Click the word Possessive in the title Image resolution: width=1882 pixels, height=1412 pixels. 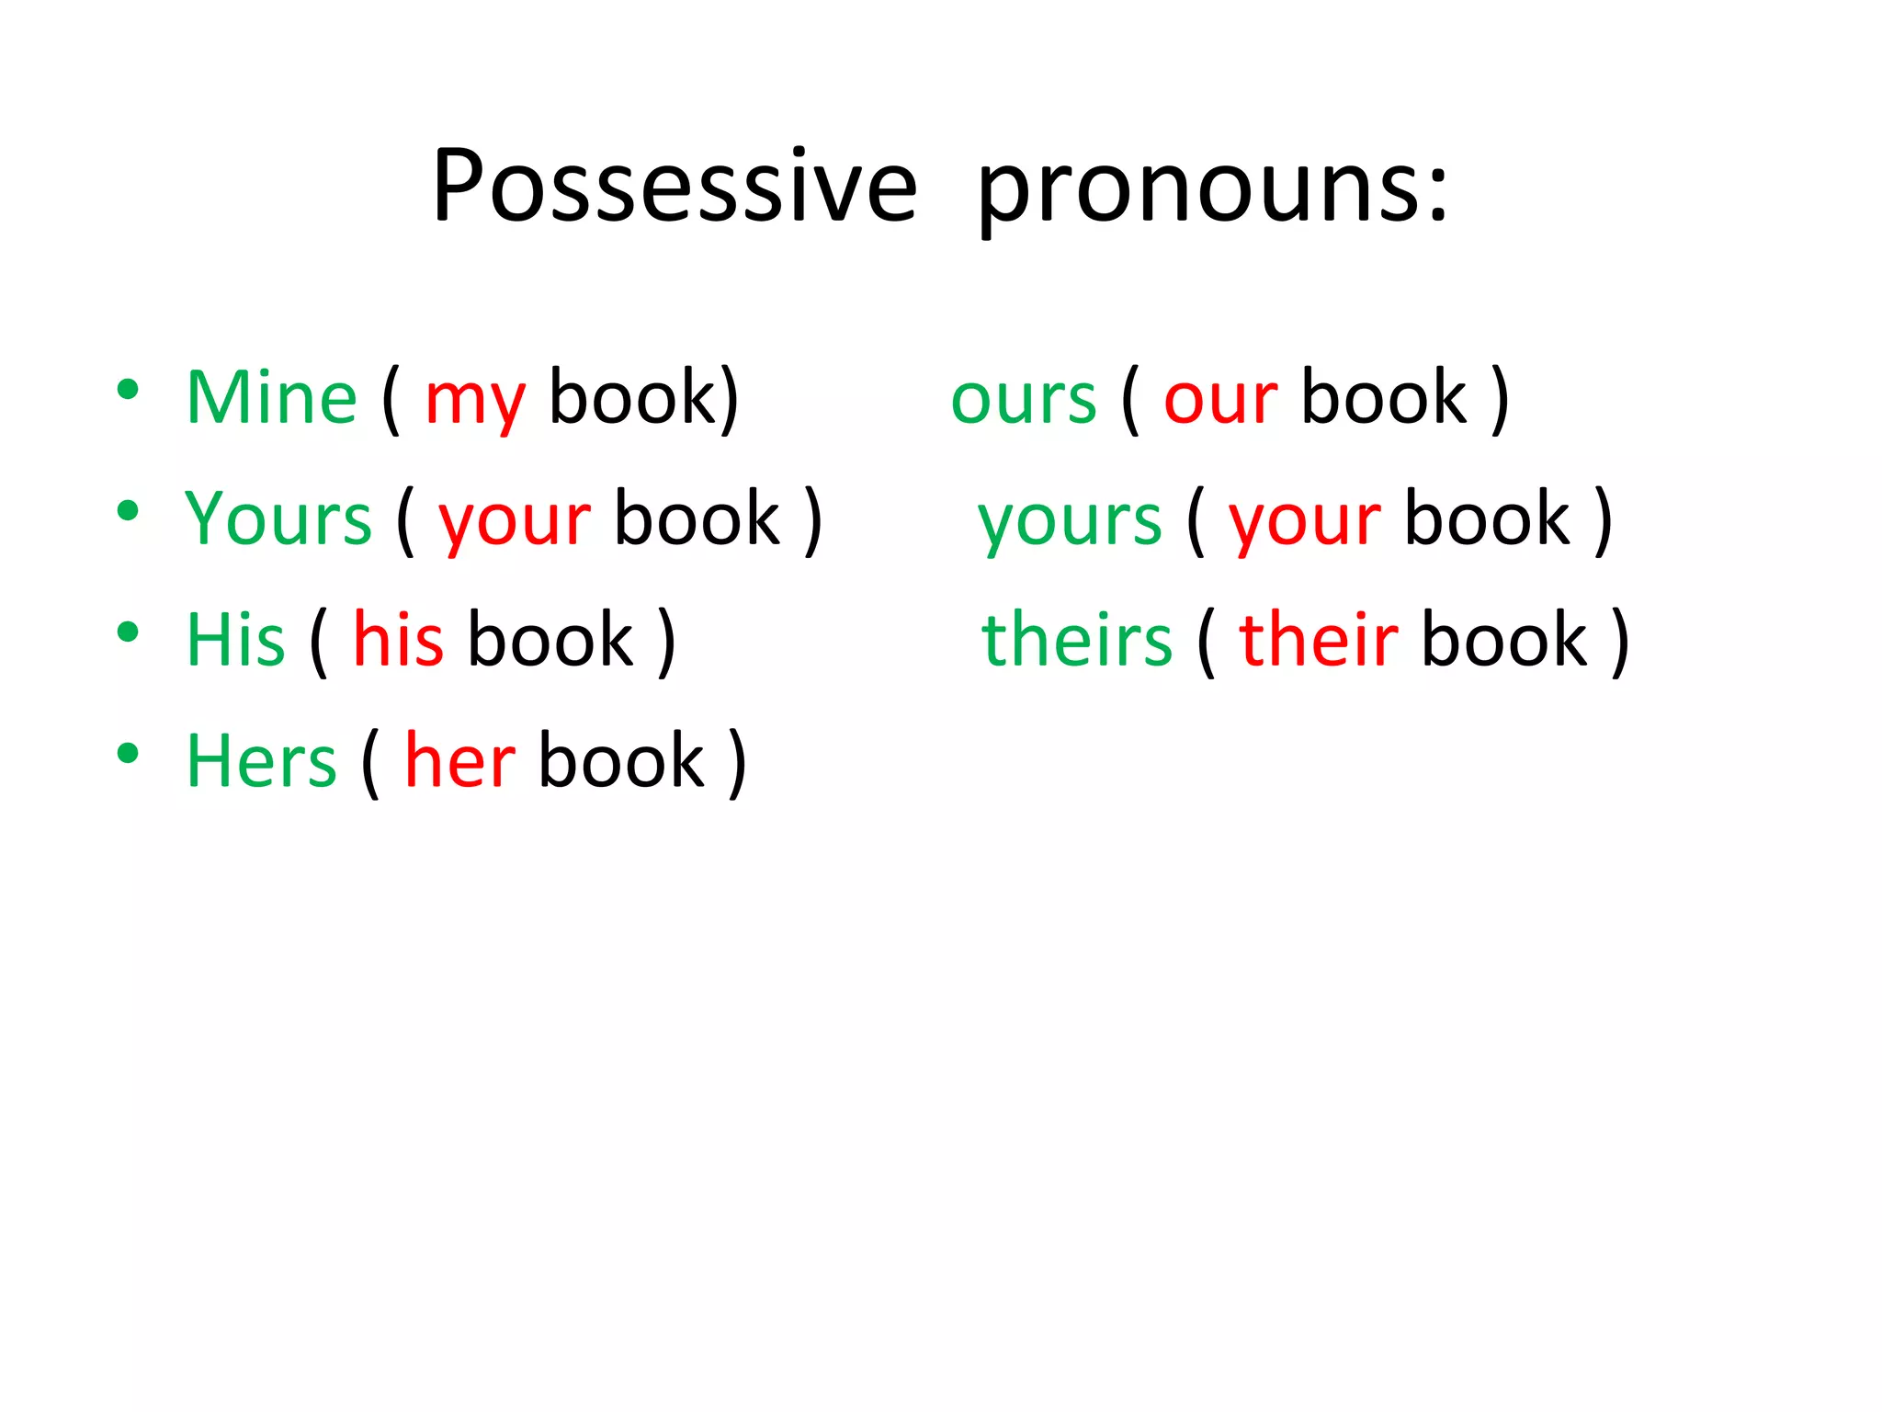click(x=675, y=186)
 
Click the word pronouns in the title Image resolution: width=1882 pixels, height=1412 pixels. click(x=1194, y=191)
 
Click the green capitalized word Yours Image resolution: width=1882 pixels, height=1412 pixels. click(x=278, y=518)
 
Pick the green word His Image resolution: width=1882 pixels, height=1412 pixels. click(x=236, y=640)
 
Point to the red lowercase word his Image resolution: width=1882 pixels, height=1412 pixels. click(x=399, y=640)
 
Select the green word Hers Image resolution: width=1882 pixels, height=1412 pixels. click(x=262, y=761)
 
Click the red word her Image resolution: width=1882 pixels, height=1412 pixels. click(x=459, y=761)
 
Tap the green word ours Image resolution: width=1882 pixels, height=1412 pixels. click(x=1024, y=401)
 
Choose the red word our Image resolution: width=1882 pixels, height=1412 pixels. click(x=1220, y=401)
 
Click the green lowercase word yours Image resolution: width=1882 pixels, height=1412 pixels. click(x=1070, y=522)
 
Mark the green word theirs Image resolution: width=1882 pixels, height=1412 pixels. click(x=1077, y=640)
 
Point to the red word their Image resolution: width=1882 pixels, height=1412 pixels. click(x=1318, y=640)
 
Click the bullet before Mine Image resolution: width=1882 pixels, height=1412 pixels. click(x=128, y=389)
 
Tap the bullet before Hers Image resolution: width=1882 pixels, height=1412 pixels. click(x=128, y=753)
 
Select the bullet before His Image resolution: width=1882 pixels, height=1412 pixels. click(x=128, y=632)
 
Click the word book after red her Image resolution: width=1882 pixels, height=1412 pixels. click(x=621, y=761)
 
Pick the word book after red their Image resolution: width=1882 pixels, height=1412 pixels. click(x=1504, y=640)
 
